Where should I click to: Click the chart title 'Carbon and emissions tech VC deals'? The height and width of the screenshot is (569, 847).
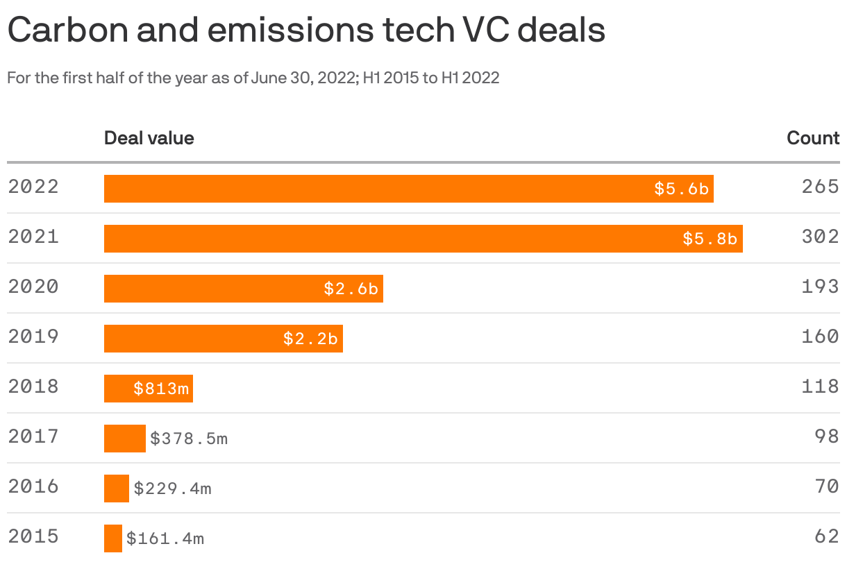[305, 32]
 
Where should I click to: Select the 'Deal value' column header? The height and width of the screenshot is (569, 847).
[149, 138]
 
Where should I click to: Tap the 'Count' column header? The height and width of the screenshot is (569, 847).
[813, 138]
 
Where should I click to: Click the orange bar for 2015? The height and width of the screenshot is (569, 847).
[113, 538]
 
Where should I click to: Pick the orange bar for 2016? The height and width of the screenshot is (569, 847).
[117, 489]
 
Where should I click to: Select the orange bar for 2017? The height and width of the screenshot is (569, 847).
[125, 439]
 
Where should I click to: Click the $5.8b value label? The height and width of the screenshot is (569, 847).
[710, 239]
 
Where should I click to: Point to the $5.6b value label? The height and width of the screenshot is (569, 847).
[681, 189]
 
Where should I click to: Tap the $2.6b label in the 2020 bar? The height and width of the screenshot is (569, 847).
[351, 289]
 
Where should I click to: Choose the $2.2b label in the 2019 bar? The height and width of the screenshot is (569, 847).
[310, 339]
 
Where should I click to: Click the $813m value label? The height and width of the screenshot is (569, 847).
[161, 389]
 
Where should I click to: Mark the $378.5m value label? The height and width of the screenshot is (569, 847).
[189, 439]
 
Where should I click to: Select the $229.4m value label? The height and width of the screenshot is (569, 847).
[172, 489]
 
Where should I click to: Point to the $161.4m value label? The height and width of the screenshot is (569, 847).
[165, 538]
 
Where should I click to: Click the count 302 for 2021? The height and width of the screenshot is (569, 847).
[820, 237]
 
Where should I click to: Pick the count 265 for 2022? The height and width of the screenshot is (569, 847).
[820, 187]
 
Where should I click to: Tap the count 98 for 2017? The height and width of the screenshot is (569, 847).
[826, 437]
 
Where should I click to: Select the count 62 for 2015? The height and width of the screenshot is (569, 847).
[826, 537]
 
